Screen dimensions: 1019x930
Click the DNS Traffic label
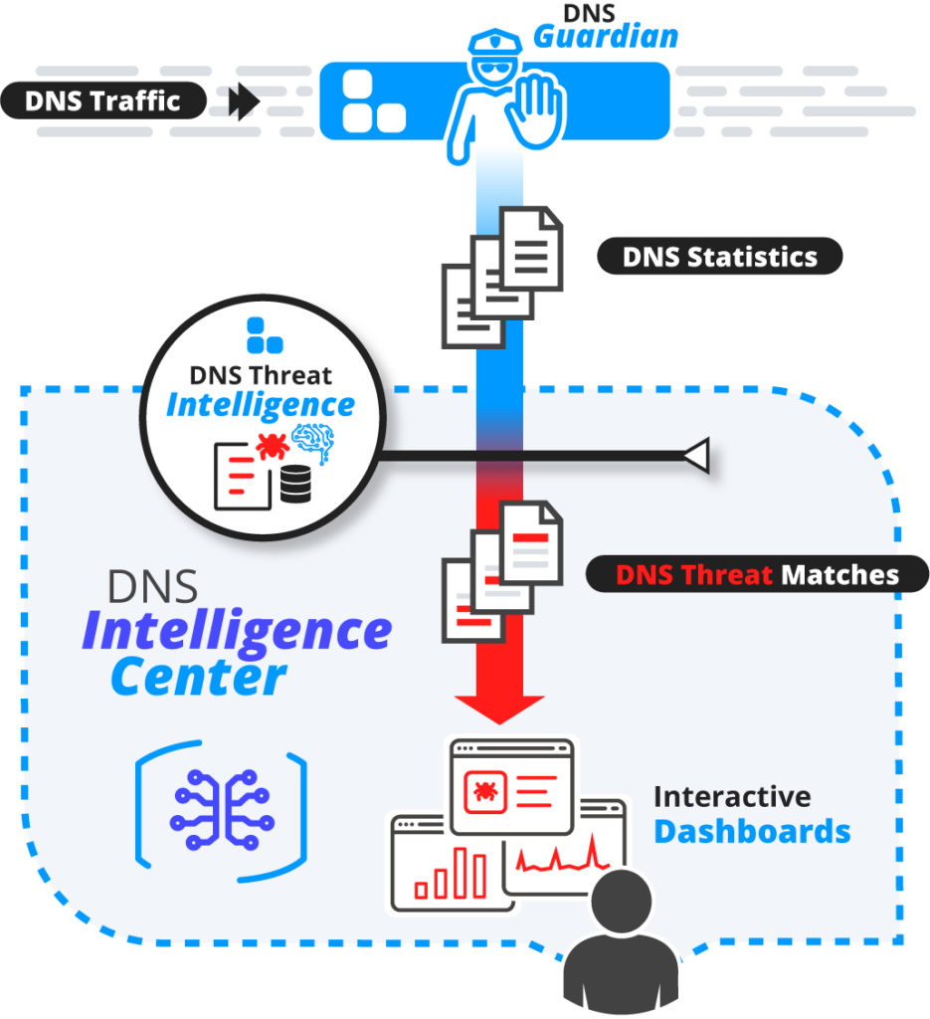[102, 101]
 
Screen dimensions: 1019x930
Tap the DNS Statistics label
[719, 257]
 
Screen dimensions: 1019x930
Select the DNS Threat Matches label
[756, 574]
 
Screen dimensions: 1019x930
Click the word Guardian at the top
[606, 38]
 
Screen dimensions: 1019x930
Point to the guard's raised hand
[538, 105]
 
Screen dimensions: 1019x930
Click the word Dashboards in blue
[751, 831]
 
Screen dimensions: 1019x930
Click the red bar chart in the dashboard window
[454, 874]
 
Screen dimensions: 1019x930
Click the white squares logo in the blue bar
[371, 102]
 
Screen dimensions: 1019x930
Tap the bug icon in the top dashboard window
[486, 791]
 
